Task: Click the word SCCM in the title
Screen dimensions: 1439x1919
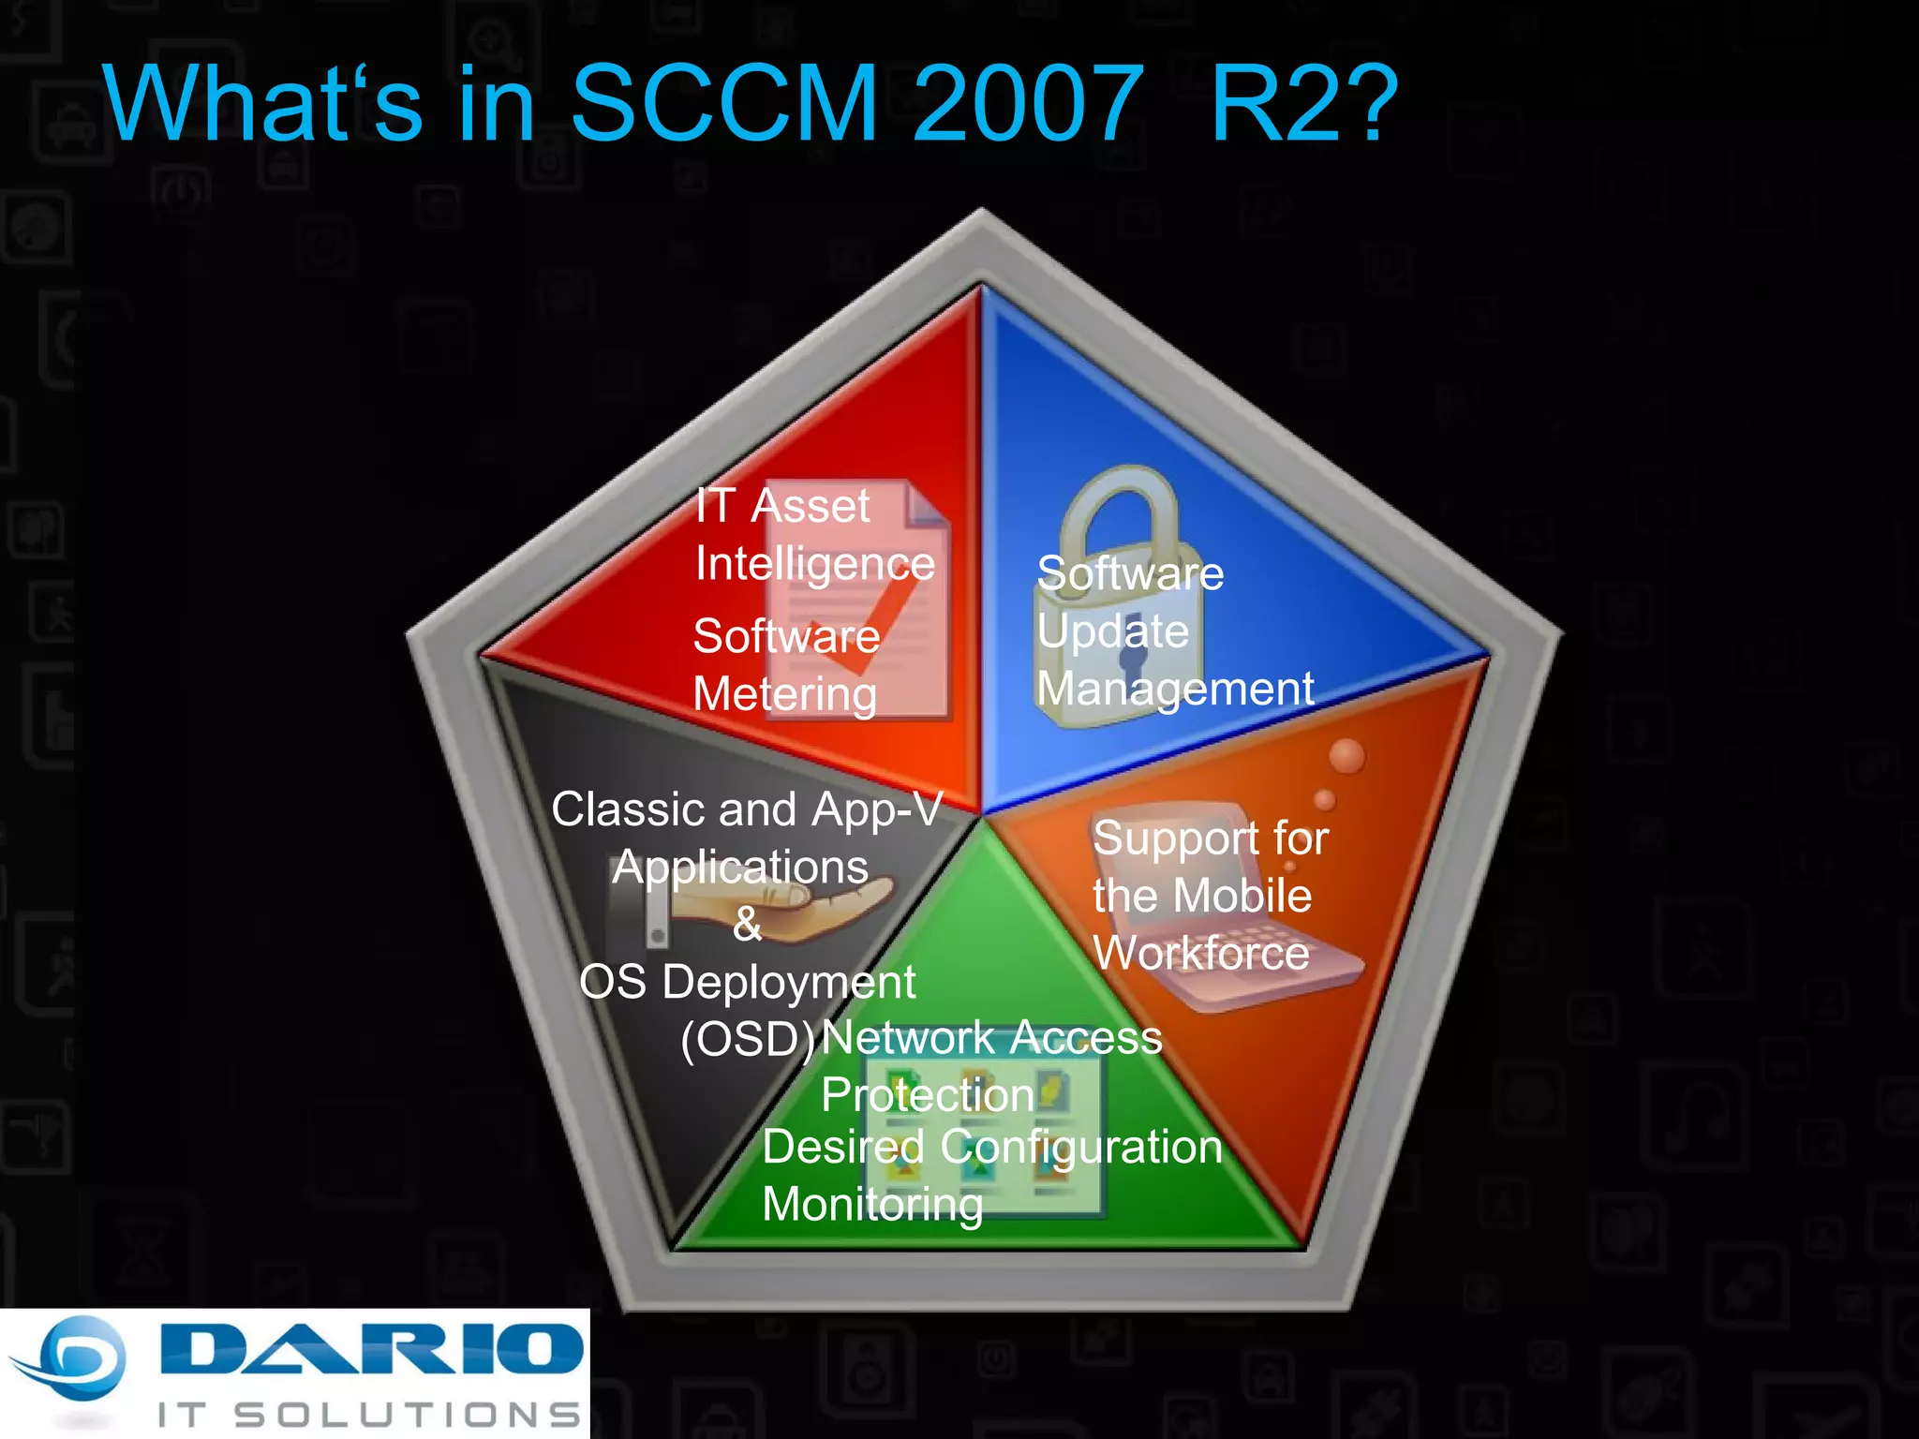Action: (x=723, y=103)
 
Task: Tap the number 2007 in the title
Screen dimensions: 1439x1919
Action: (x=1028, y=103)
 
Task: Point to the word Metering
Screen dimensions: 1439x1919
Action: (x=784, y=695)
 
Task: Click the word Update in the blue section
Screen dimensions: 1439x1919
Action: (x=1112, y=630)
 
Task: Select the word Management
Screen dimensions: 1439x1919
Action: (x=1175, y=689)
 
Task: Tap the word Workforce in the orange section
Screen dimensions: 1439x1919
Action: (x=1201, y=953)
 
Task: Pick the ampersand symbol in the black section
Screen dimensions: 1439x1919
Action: (x=747, y=925)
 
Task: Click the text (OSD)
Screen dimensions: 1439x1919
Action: (x=748, y=1039)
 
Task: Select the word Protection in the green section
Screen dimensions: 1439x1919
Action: (x=928, y=1095)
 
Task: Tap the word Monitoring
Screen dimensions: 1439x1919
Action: (x=872, y=1205)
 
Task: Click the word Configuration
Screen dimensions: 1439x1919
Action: (x=1081, y=1148)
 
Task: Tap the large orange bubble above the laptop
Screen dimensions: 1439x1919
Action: (x=1346, y=756)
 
